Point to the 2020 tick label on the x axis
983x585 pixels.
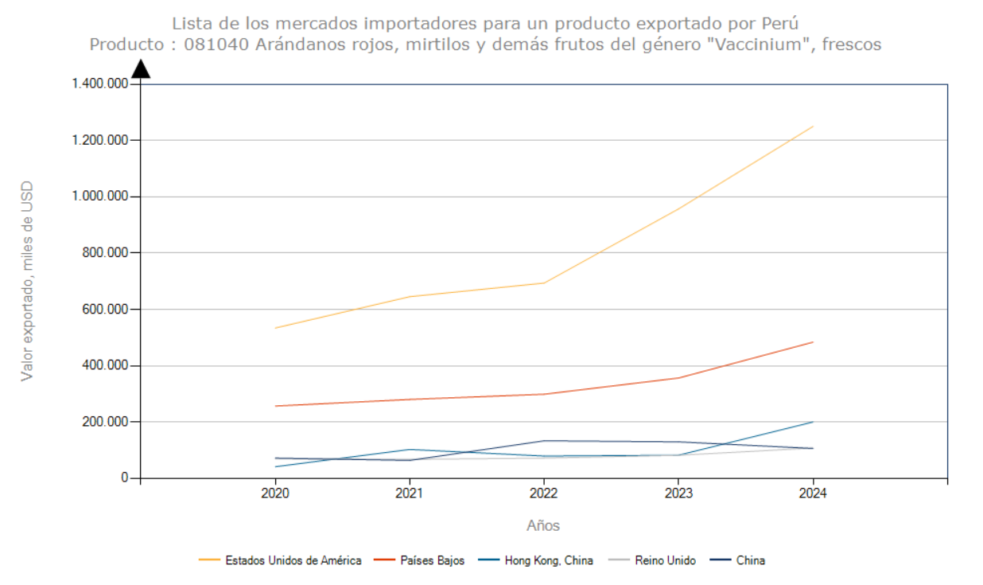click(x=275, y=494)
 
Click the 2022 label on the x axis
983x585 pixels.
click(x=544, y=494)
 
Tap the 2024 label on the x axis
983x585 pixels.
click(x=813, y=494)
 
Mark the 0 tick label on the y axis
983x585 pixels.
click(x=125, y=478)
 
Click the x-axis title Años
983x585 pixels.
click(x=543, y=526)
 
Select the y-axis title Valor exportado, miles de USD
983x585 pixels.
click(x=28, y=281)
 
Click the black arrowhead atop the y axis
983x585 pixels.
click(x=141, y=69)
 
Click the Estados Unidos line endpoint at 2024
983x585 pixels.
click(x=813, y=127)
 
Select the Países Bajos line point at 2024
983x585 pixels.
click(x=813, y=342)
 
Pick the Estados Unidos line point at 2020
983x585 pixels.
click(x=275, y=328)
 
